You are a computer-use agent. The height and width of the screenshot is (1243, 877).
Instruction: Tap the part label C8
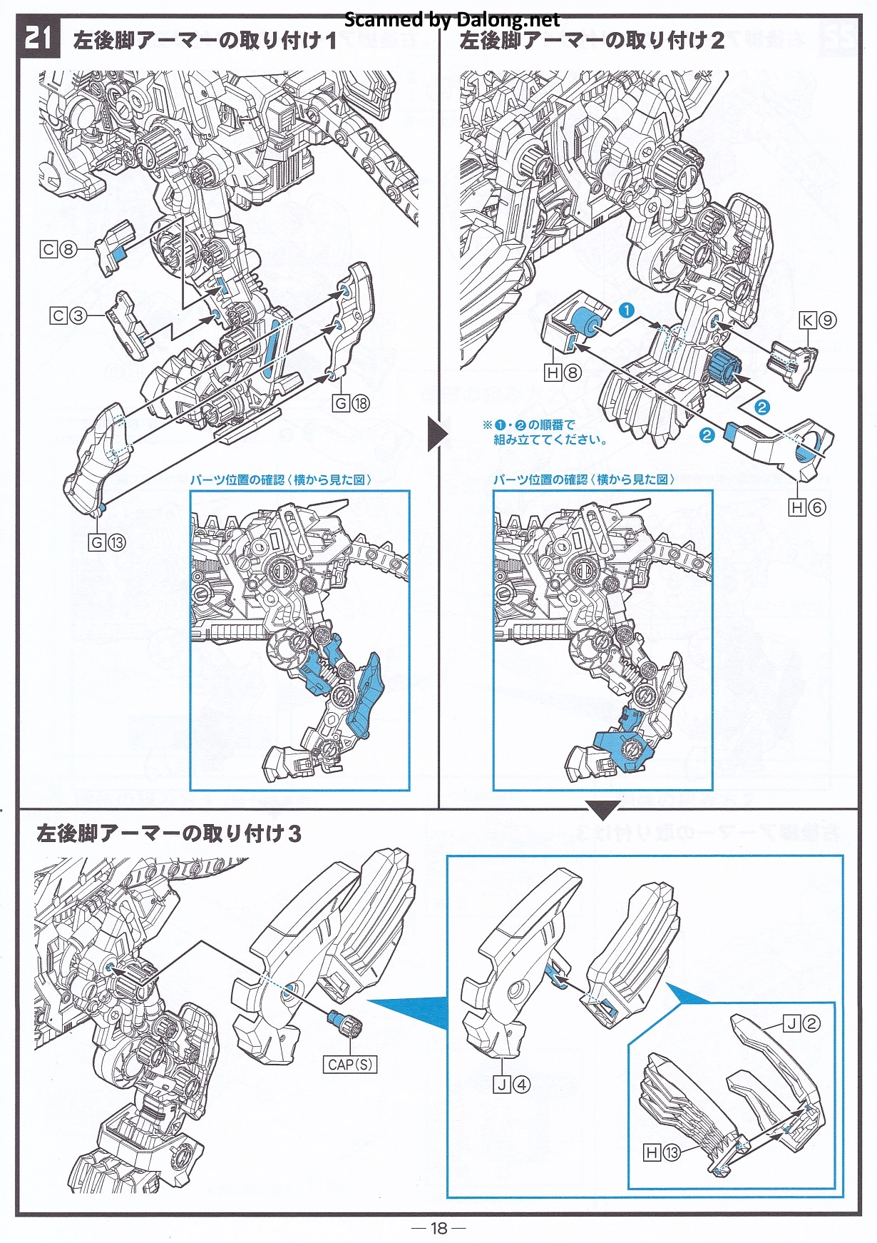(x=59, y=250)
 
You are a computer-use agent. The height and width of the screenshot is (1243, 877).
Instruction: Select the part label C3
(x=68, y=315)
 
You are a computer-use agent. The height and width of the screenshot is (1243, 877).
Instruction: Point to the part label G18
(x=352, y=404)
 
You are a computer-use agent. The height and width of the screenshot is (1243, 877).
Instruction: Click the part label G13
(x=107, y=543)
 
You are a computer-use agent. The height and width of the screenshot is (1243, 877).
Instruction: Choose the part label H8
(x=563, y=372)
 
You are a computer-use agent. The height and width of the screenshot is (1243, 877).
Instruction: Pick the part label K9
(x=818, y=320)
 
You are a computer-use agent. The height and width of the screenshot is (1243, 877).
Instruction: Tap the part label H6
(x=807, y=507)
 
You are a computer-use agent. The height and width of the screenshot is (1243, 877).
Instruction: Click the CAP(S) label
(x=350, y=1065)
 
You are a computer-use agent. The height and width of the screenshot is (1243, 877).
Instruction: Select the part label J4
(x=512, y=1085)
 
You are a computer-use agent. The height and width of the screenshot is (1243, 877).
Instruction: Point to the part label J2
(x=801, y=1024)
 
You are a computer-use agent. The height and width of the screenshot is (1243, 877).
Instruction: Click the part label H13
(x=662, y=1152)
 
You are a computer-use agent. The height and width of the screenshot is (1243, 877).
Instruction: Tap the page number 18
(x=438, y=1227)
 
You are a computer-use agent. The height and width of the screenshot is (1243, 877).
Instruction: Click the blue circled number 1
(x=626, y=310)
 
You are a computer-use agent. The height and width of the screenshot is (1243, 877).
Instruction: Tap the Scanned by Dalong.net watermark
(x=452, y=20)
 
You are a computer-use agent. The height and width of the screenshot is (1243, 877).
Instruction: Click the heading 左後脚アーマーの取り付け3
(x=169, y=833)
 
